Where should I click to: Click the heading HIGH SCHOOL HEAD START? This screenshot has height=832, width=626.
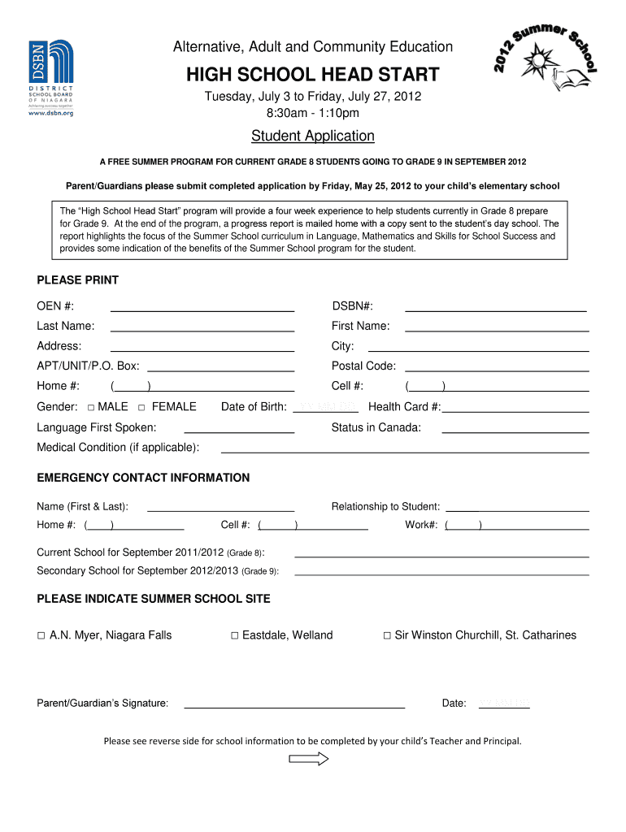coord(313,76)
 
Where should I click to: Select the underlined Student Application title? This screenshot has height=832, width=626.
coord(313,136)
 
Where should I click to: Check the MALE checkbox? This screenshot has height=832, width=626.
coord(91,407)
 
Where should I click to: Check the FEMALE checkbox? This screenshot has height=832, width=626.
coord(141,407)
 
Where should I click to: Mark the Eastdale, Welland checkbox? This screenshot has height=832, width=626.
coord(234,636)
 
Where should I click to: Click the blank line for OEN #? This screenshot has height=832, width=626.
coord(202,308)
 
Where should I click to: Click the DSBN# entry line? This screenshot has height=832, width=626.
coord(496,308)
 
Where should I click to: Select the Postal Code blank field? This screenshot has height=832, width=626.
coord(496,367)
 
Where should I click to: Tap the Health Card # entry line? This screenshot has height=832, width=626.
coord(514,409)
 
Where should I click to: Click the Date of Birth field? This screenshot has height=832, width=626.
coord(324,408)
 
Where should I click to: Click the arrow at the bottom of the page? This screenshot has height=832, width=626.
coord(309,759)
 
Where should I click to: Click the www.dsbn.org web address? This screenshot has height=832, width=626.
coord(51,113)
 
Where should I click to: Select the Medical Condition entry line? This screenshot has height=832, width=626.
coord(405,448)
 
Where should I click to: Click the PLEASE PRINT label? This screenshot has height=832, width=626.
coord(78,280)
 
